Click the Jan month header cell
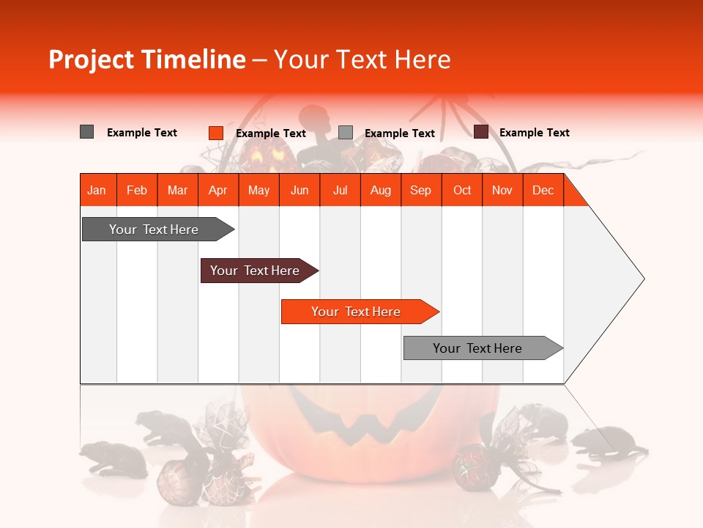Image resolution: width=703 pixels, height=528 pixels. pyautogui.click(x=97, y=190)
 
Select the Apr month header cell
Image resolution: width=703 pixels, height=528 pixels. pyautogui.click(x=217, y=190)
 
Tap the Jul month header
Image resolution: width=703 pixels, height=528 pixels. pyautogui.click(x=340, y=190)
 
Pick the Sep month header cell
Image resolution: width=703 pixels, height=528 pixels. pyautogui.click(x=420, y=190)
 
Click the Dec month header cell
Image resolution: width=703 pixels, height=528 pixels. pyautogui.click(x=543, y=190)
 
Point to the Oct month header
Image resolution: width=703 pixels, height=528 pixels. pyautogui.click(x=461, y=190)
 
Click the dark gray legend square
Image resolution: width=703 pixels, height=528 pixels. pyautogui.click(x=86, y=132)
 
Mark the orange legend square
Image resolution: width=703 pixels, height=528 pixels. pyautogui.click(x=215, y=133)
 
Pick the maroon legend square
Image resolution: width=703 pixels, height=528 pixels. pyautogui.click(x=480, y=132)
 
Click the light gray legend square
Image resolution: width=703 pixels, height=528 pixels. pyautogui.click(x=346, y=133)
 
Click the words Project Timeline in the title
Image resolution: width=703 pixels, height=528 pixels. pyautogui.click(x=146, y=59)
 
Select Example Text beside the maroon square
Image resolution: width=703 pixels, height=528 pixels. pyautogui.click(x=534, y=133)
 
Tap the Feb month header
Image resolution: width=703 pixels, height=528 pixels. pyautogui.click(x=137, y=190)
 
